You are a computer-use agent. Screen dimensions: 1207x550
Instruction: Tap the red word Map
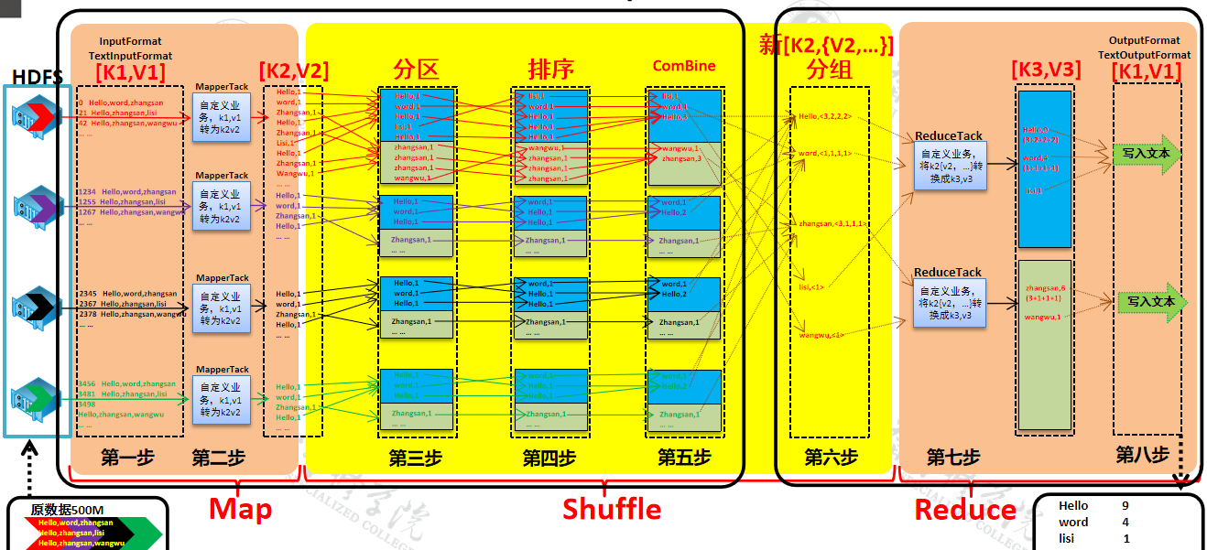tap(240, 509)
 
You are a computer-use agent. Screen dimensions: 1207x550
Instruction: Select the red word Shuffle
tap(611, 509)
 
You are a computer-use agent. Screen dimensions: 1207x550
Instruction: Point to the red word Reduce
tap(965, 510)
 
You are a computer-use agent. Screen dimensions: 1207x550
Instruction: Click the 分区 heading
tap(417, 69)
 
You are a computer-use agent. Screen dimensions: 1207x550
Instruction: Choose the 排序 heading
tap(551, 69)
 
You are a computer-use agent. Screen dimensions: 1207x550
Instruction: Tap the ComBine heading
tap(684, 66)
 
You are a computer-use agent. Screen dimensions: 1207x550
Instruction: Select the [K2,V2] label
tap(294, 70)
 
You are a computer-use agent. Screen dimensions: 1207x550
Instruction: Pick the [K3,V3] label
tap(1046, 70)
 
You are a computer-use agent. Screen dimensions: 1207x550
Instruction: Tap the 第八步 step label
tap(1142, 455)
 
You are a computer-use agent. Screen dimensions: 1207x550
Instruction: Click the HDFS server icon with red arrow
tap(38, 116)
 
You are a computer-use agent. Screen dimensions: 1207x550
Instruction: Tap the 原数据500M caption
tap(68, 510)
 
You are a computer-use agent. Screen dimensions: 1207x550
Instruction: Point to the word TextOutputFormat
tap(1145, 55)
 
